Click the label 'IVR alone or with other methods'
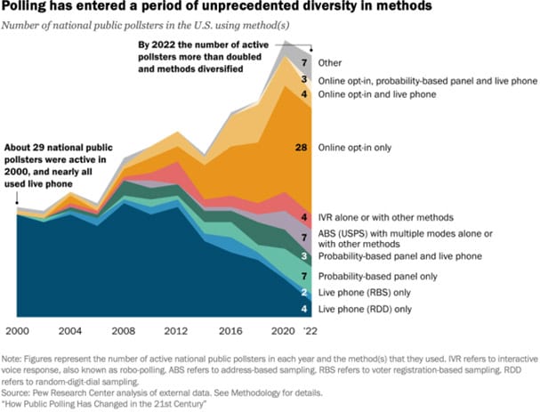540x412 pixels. (x=398, y=216)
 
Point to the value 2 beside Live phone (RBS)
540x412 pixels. (x=304, y=293)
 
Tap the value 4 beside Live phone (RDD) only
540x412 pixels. (x=304, y=309)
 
